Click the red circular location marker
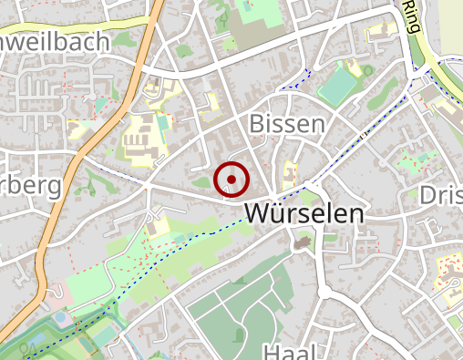pos(231,180)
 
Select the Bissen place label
pos(286,124)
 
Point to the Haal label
pos(289,352)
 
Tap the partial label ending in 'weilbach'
pos(55,42)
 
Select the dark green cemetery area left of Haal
pos(228,310)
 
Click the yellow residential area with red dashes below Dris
pos(448,273)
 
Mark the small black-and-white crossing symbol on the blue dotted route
pos(363,137)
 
